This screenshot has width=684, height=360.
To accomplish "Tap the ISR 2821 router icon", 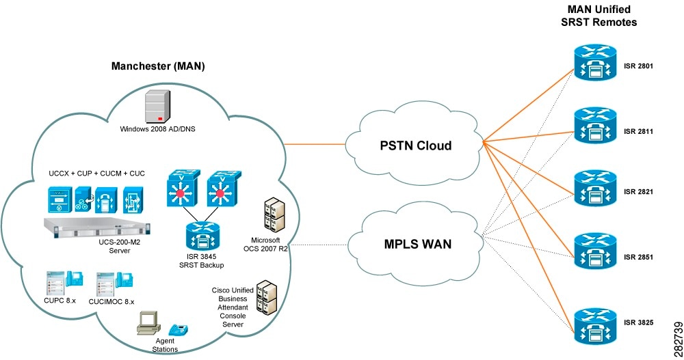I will tap(594, 186).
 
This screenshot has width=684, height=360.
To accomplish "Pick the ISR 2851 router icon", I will tap(594, 250).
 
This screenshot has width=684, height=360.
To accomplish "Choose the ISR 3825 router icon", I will tap(594, 327).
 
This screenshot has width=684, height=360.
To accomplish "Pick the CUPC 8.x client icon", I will tap(62, 283).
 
